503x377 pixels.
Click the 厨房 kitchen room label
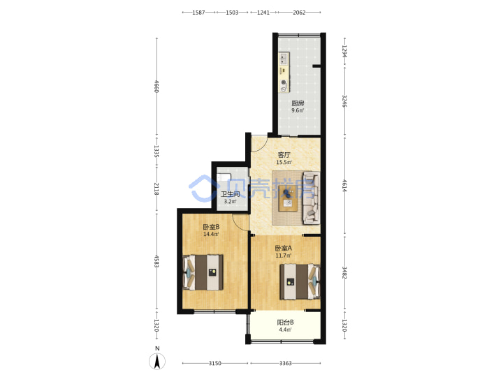(298, 103)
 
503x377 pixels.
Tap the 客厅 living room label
(284, 155)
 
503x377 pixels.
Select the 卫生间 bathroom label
(231, 194)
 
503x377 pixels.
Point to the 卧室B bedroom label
(211, 227)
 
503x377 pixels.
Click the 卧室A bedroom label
(284, 248)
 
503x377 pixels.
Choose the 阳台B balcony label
(285, 322)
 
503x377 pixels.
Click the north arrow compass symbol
(157, 362)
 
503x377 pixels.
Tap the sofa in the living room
(311, 198)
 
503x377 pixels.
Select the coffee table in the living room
(288, 198)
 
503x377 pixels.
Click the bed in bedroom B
(203, 272)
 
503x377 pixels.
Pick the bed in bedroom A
(300, 282)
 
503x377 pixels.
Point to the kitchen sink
(284, 59)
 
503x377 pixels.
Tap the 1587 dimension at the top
(198, 13)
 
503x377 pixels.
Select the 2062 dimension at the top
(299, 13)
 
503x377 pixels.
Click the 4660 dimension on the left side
(156, 87)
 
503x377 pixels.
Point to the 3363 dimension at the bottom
(286, 363)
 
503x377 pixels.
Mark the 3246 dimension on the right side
(344, 101)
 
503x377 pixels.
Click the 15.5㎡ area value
(284, 162)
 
